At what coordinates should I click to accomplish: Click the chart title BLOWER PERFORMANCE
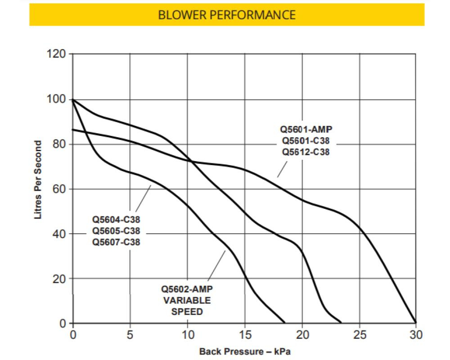(227, 15)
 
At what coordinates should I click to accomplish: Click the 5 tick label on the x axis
(130, 335)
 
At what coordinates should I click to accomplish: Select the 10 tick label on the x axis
(188, 335)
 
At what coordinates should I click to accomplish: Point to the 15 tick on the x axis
(245, 335)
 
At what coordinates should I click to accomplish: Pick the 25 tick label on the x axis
(359, 335)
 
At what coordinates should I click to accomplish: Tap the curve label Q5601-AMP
(306, 130)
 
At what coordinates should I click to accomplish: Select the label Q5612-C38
(306, 152)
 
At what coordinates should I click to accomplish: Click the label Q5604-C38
(116, 220)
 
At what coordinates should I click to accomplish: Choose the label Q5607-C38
(116, 242)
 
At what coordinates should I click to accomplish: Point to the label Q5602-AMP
(187, 289)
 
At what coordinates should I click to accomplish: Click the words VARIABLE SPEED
(187, 306)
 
